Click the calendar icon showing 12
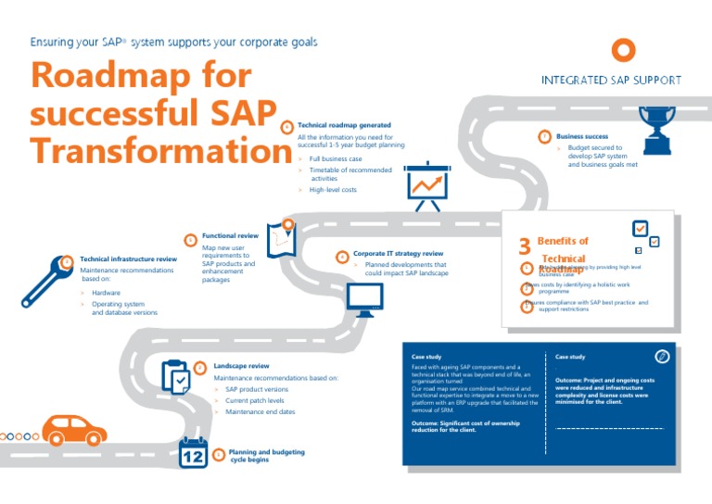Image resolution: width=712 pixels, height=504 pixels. [194, 453]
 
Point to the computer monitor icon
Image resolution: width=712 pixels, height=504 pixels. [364, 299]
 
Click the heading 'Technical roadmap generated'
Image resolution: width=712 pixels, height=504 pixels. [344, 125]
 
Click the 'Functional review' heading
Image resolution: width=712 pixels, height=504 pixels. [230, 236]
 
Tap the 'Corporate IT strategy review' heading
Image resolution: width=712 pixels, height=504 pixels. [398, 253]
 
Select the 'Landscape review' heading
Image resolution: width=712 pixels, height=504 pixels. [241, 366]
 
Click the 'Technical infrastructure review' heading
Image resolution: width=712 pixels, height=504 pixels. [128, 259]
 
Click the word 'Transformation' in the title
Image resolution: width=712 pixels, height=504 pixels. [147, 152]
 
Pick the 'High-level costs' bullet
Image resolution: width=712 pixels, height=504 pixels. [333, 190]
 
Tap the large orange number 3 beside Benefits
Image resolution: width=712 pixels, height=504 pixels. [524, 246]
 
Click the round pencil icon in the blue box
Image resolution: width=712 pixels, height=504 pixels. [662, 357]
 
